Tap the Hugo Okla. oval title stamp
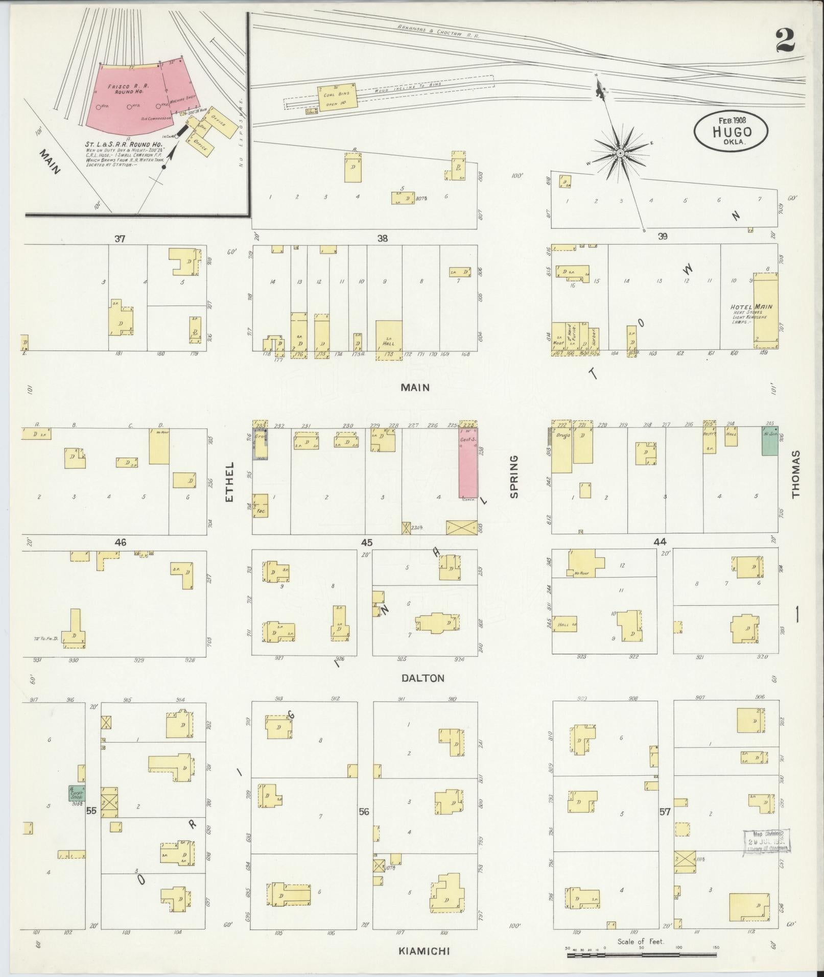[x=731, y=131]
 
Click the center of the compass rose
[x=620, y=153]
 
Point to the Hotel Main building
[x=766, y=310]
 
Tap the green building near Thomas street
[x=769, y=442]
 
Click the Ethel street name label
[x=229, y=481]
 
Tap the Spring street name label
[x=513, y=476]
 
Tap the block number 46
[x=121, y=542]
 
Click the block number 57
[x=665, y=811]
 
